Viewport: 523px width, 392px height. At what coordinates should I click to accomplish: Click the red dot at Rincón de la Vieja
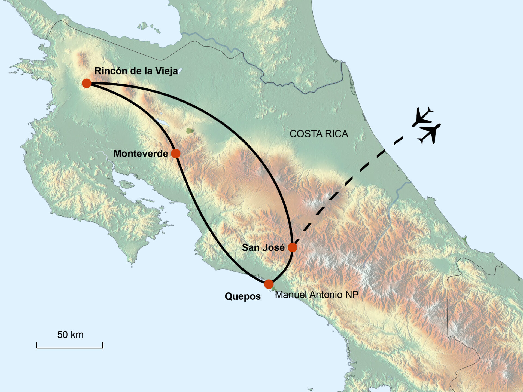coord(87,83)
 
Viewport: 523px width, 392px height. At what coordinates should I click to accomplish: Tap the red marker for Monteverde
coord(176,154)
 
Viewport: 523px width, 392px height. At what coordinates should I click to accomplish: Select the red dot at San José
coord(293,247)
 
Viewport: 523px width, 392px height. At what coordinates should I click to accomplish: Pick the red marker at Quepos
coord(269,284)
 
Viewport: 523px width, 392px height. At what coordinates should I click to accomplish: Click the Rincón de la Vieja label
coord(136,71)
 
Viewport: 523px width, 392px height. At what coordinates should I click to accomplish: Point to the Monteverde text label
coord(141,154)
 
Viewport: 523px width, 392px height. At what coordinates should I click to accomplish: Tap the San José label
coord(263,247)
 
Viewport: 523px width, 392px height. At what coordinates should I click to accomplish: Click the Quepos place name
coord(242,296)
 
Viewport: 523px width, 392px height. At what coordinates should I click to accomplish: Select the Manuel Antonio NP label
coord(317,295)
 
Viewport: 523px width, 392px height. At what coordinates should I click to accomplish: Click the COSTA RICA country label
coord(319,134)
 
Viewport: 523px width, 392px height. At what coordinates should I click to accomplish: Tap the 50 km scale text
coord(70,335)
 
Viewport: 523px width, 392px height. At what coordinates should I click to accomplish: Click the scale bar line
coord(70,347)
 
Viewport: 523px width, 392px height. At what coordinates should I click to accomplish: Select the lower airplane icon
coord(430,133)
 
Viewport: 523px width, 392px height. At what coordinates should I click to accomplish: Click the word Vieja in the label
coord(166,71)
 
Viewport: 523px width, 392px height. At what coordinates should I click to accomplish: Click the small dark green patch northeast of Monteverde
coord(190,131)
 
